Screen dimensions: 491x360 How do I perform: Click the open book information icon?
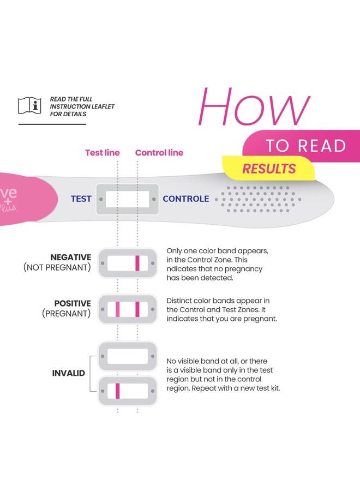click(x=29, y=106)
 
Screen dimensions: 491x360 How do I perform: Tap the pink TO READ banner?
click(x=305, y=146)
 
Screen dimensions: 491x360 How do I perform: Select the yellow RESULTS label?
click(x=269, y=169)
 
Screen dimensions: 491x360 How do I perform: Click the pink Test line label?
click(x=102, y=153)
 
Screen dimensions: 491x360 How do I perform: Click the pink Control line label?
click(x=159, y=153)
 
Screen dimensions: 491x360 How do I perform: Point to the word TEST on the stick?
click(x=81, y=199)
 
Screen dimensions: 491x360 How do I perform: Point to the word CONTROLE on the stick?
click(x=185, y=199)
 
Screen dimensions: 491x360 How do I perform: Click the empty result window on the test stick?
click(x=127, y=199)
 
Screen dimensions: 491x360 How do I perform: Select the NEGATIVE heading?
click(x=70, y=258)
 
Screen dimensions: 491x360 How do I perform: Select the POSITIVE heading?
click(x=72, y=303)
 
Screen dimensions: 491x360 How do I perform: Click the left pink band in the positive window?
click(x=117, y=309)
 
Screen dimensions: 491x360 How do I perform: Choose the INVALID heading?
click(x=68, y=374)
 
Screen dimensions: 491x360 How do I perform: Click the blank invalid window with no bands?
click(x=127, y=356)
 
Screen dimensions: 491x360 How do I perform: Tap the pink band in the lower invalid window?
click(x=117, y=391)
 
